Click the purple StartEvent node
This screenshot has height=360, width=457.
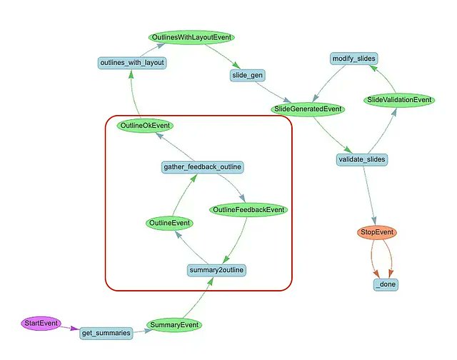[x=41, y=324]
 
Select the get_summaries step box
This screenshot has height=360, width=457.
[x=106, y=333]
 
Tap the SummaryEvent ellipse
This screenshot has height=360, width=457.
[x=174, y=325]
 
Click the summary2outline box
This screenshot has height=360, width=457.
[x=216, y=270]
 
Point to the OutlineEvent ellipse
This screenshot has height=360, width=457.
[x=169, y=224]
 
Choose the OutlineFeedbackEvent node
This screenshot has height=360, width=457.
[x=248, y=210]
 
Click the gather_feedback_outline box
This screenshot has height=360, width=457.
[x=202, y=167]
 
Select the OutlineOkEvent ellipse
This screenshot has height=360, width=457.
[x=145, y=126]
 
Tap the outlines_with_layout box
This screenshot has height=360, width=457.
[x=132, y=63]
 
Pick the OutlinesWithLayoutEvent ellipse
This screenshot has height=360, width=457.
[x=191, y=37]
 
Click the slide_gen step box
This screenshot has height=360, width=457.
[x=247, y=75]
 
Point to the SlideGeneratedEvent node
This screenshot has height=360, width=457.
[x=308, y=109]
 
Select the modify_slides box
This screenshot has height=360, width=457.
[x=354, y=59]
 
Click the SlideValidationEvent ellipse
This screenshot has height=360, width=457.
[x=399, y=100]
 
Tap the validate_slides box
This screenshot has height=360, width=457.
[x=362, y=159]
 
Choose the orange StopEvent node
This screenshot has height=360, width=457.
[x=377, y=232]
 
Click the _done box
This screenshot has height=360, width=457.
[x=386, y=284]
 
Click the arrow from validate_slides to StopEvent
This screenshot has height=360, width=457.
[x=369, y=195]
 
